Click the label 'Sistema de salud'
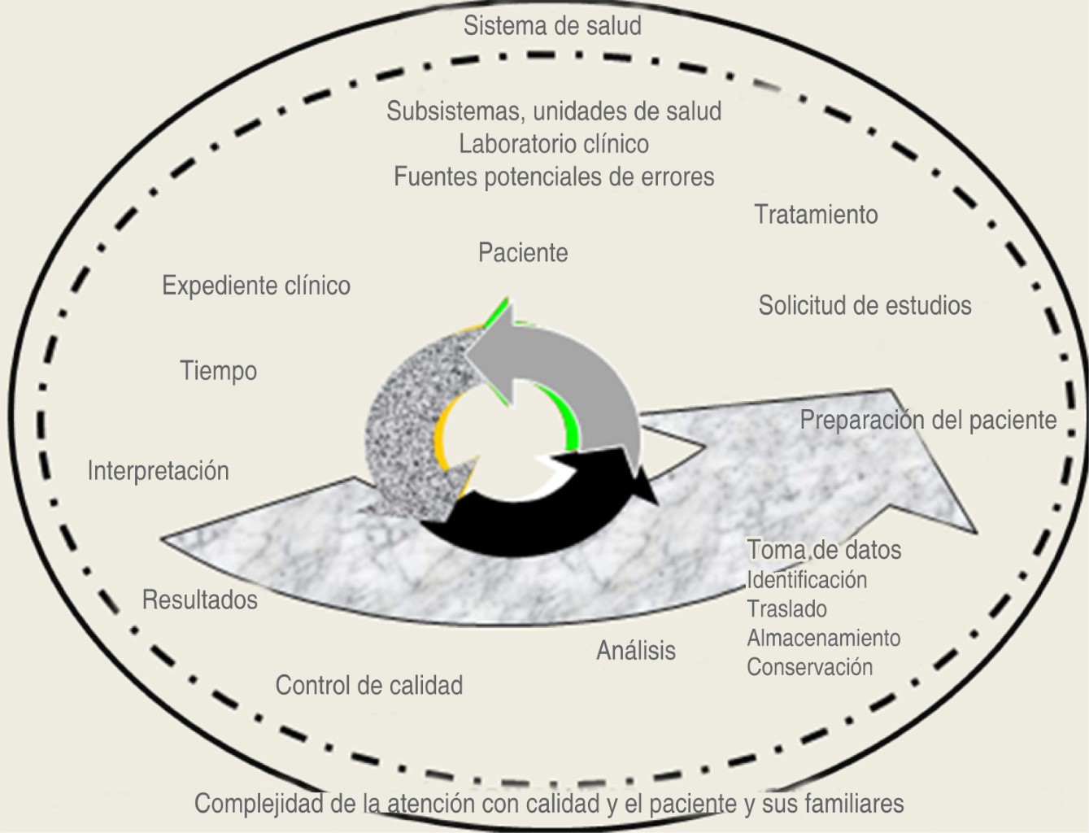pyautogui.click(x=552, y=25)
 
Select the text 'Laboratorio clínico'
pyautogui.click(x=554, y=144)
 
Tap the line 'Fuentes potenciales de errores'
pyautogui.click(x=554, y=177)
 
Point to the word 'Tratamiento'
pyautogui.click(x=816, y=215)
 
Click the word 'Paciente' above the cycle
pyautogui.click(x=523, y=253)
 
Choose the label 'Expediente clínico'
pyautogui.click(x=256, y=286)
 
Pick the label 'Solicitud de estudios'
pyautogui.click(x=865, y=306)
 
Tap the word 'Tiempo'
pyautogui.click(x=218, y=371)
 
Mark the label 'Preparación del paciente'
pyautogui.click(x=928, y=421)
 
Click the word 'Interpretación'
pyautogui.click(x=158, y=471)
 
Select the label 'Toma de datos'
pyautogui.click(x=824, y=550)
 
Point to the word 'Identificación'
pyautogui.click(x=807, y=580)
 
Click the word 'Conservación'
pyautogui.click(x=809, y=667)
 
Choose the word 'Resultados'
pyautogui.click(x=199, y=600)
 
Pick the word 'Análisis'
pyautogui.click(x=636, y=651)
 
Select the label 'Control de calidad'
pyautogui.click(x=368, y=686)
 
